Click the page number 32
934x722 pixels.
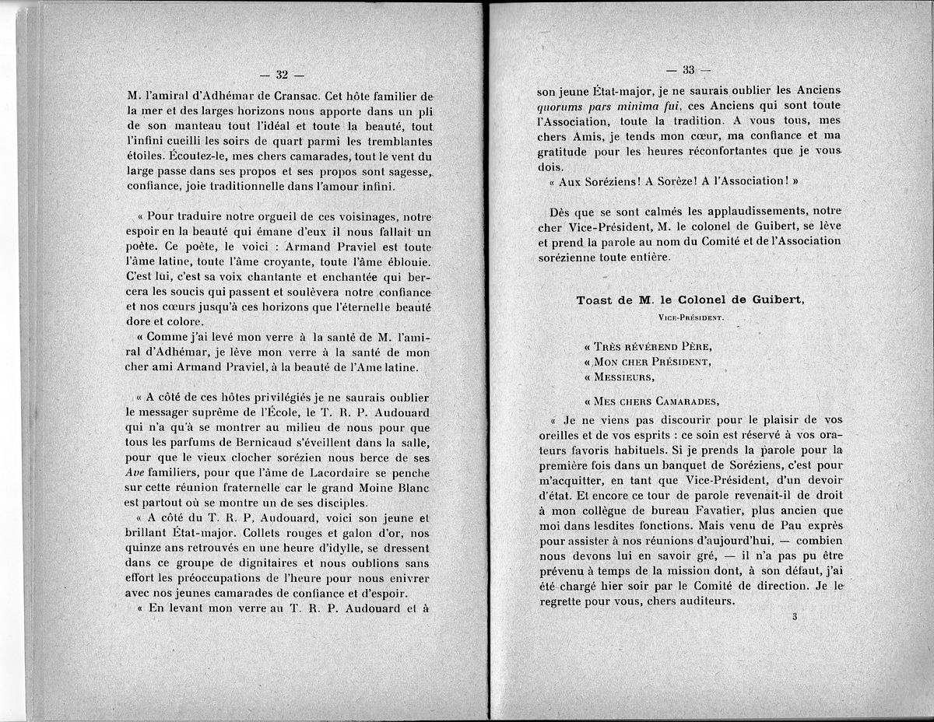281,75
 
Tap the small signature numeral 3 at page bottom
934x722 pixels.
795,617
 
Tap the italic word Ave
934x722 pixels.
137,472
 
